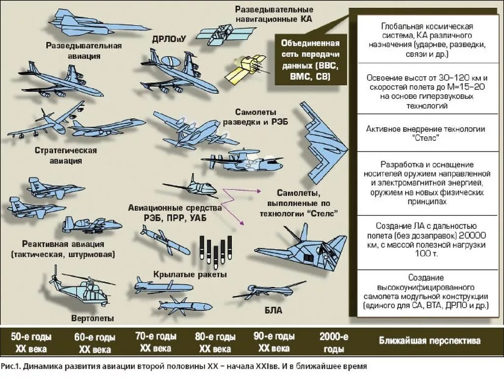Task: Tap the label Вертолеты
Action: pos(93,318)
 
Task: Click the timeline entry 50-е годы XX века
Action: pos(31,343)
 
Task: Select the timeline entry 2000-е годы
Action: pos(334,343)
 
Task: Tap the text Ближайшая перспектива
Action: pos(430,341)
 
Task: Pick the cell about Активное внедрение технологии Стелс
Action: pos(426,133)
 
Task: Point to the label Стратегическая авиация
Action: pos(65,155)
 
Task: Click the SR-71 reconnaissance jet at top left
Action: pos(84,22)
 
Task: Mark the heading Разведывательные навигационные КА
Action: pos(274,14)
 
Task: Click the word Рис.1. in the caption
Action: pos(10,366)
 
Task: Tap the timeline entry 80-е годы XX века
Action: pos(215,343)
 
